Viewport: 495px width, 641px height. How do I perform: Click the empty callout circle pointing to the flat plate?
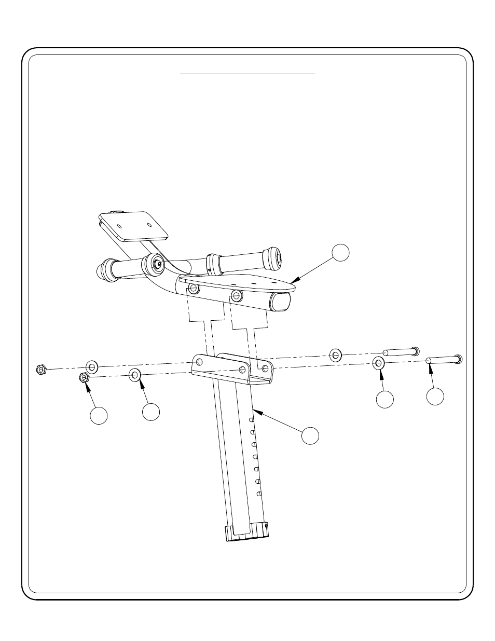340,252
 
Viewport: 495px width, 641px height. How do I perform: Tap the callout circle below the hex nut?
99,416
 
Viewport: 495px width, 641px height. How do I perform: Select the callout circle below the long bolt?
435,396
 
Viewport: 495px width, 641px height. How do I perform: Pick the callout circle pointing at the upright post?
310,435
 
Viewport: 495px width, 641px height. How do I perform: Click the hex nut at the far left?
42,370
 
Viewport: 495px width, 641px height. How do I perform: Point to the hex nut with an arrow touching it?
84,378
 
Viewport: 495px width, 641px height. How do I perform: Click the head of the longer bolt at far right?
458,359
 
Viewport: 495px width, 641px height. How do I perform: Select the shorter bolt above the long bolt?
401,351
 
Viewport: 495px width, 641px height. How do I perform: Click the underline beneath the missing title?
247,74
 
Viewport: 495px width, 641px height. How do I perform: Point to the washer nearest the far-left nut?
92,367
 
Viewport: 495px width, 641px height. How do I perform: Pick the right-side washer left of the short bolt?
336,355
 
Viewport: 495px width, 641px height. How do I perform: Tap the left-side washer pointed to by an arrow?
135,374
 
